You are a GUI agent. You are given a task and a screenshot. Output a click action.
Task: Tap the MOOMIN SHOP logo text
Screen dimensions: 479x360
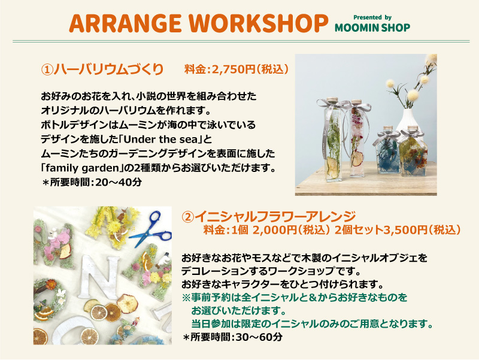coord(372,28)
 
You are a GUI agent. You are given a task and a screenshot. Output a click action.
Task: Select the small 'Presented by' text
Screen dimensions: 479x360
coord(372,17)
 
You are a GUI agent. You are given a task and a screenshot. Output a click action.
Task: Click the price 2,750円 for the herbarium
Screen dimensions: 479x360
coord(234,69)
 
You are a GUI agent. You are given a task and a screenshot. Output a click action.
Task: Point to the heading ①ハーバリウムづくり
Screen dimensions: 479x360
coord(102,69)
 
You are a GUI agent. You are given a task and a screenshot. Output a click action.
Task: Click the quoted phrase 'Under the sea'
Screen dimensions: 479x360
coord(161,140)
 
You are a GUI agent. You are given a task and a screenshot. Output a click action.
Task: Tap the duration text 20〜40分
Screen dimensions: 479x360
coord(119,183)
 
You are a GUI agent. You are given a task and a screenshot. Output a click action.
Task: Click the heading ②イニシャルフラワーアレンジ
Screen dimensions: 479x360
coord(269,217)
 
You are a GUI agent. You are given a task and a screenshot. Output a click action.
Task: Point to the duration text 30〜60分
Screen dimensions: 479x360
coord(259,337)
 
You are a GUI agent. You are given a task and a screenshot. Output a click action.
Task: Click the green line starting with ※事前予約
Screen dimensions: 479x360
coord(295,297)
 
